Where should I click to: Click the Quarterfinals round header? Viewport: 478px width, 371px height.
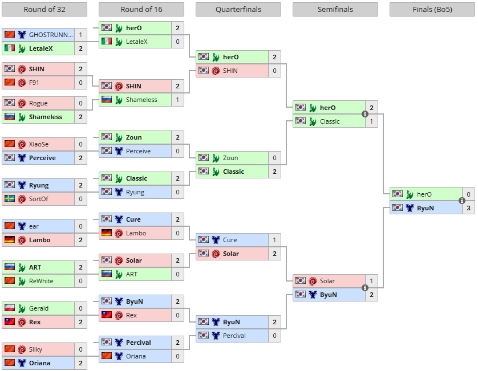click(x=238, y=10)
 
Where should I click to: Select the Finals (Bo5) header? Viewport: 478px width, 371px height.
click(x=432, y=10)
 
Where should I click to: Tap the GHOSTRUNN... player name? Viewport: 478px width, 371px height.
click(x=51, y=35)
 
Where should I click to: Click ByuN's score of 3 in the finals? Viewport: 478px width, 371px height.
click(x=468, y=208)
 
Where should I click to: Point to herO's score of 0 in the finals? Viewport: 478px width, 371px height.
click(x=468, y=194)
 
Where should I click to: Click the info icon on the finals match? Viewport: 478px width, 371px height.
click(x=462, y=201)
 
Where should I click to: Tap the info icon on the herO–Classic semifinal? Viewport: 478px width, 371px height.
click(x=365, y=114)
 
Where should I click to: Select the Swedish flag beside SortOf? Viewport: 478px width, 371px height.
click(x=10, y=198)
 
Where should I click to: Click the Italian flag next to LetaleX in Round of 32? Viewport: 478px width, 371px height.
click(x=10, y=48)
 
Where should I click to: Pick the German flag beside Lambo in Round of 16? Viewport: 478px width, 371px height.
click(x=107, y=233)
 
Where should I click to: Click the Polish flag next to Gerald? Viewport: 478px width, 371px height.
click(x=10, y=308)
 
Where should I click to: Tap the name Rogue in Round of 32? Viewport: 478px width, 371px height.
click(x=38, y=103)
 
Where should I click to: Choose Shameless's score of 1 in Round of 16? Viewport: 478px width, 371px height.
click(x=178, y=100)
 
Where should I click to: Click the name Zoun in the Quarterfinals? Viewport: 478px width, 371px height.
click(x=230, y=158)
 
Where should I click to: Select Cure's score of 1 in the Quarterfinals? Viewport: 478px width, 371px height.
click(x=275, y=240)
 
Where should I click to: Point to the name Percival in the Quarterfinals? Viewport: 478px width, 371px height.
click(x=234, y=336)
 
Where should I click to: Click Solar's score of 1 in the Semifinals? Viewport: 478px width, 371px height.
click(x=371, y=281)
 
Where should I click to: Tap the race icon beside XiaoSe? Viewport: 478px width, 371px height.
click(x=22, y=144)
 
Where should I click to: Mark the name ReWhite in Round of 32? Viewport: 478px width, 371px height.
click(x=41, y=281)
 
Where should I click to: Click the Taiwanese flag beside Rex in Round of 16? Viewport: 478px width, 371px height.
click(x=107, y=315)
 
